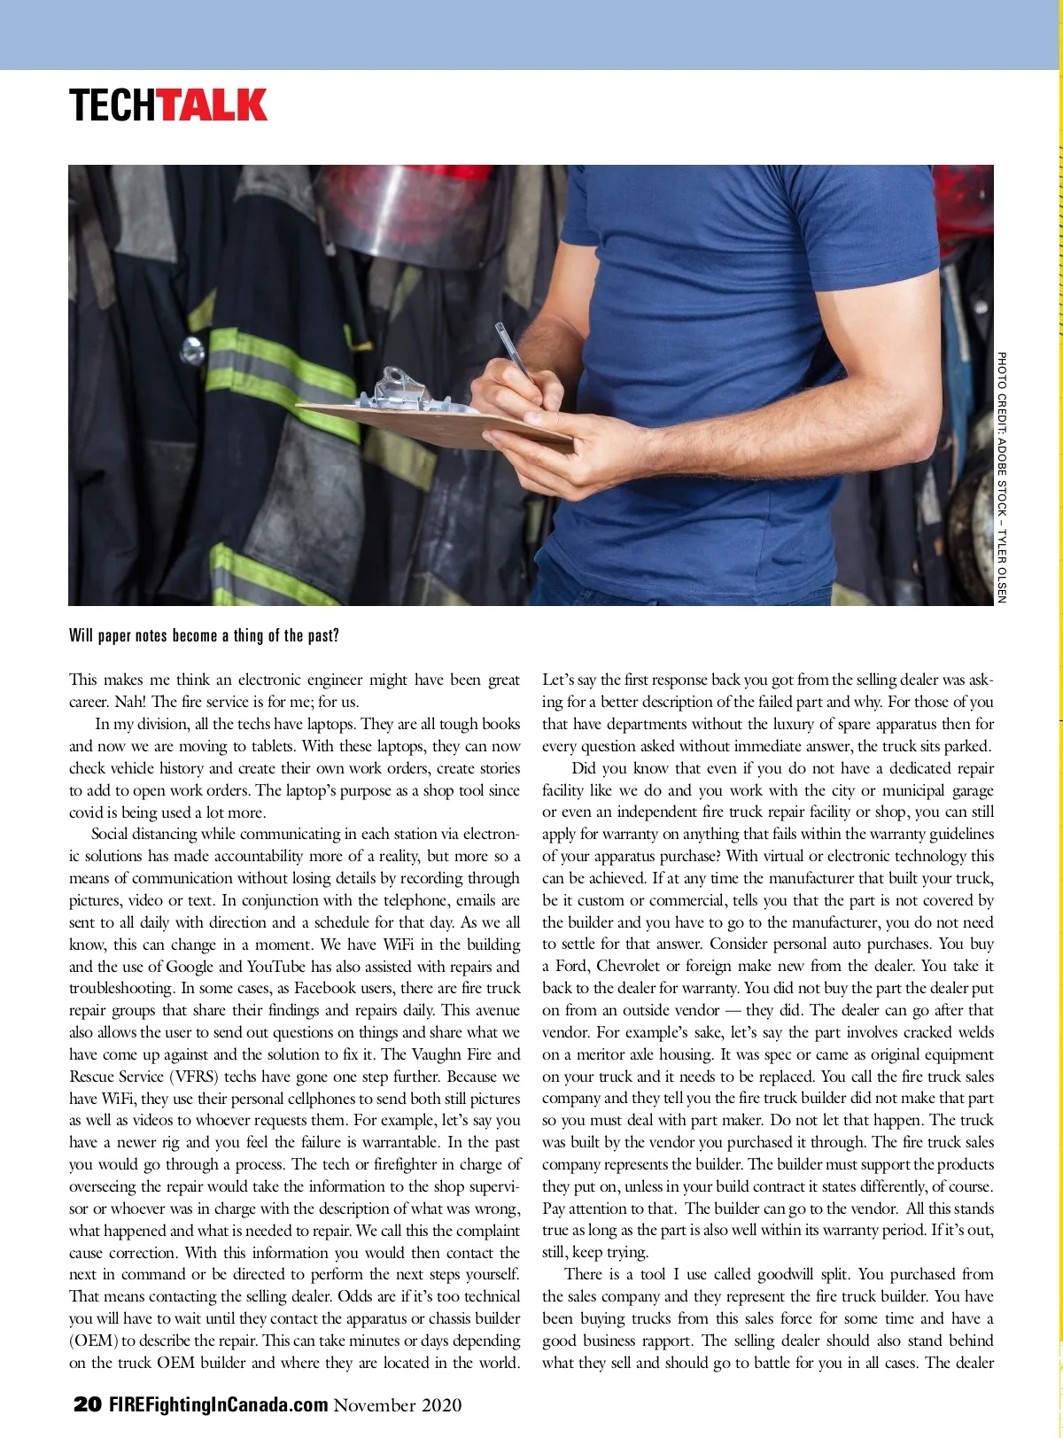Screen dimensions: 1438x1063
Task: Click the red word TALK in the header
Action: [x=213, y=105]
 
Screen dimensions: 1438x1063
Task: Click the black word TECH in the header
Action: [x=114, y=105]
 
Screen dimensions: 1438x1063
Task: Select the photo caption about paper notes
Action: [x=204, y=635]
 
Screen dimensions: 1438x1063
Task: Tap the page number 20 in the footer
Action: [x=87, y=1404]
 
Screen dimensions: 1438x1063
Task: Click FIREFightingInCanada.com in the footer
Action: [x=218, y=1404]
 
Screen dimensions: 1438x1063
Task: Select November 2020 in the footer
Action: [x=398, y=1404]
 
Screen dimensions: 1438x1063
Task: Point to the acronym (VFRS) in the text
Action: [x=194, y=1077]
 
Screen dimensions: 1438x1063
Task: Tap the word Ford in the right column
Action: [x=571, y=967]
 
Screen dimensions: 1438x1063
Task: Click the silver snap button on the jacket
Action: [x=192, y=351]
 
